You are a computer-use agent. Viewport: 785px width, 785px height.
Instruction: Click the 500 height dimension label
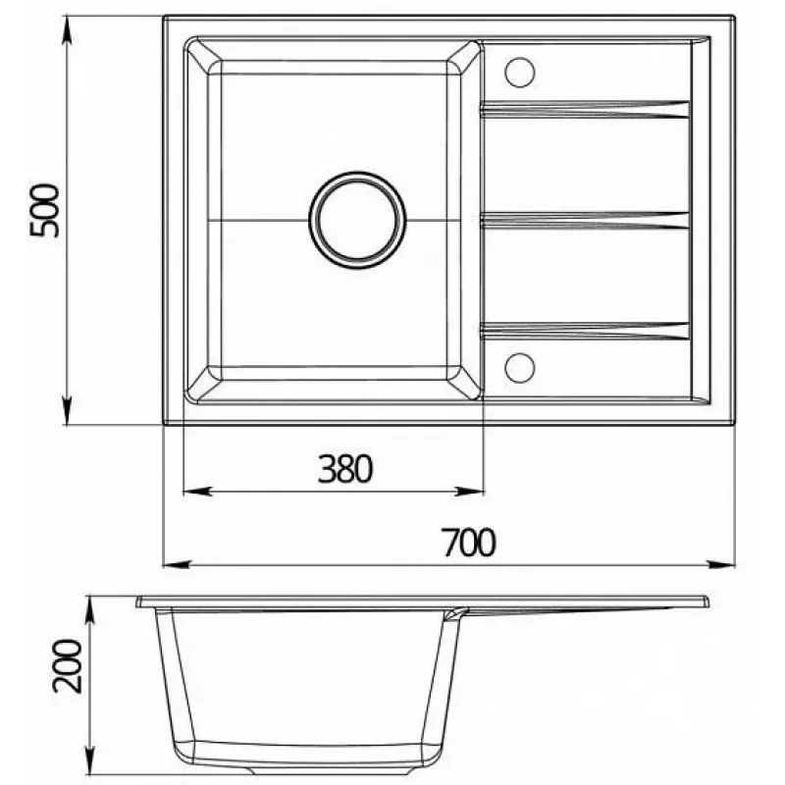click(x=44, y=211)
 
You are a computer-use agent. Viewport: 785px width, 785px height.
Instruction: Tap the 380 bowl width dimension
click(x=345, y=469)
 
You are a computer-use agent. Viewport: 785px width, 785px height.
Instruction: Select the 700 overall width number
click(x=469, y=543)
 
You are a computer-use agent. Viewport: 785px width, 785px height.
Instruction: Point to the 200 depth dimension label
click(x=67, y=666)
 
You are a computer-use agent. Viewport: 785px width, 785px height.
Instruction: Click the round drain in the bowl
click(x=357, y=220)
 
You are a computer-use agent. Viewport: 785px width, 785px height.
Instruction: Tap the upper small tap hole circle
click(x=520, y=72)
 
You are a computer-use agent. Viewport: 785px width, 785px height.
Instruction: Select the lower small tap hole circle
click(x=520, y=368)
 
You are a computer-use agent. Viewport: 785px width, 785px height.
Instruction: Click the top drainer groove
click(x=585, y=109)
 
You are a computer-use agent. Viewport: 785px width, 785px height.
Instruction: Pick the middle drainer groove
click(x=585, y=220)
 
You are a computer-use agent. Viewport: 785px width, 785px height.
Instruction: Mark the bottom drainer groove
click(x=585, y=331)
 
